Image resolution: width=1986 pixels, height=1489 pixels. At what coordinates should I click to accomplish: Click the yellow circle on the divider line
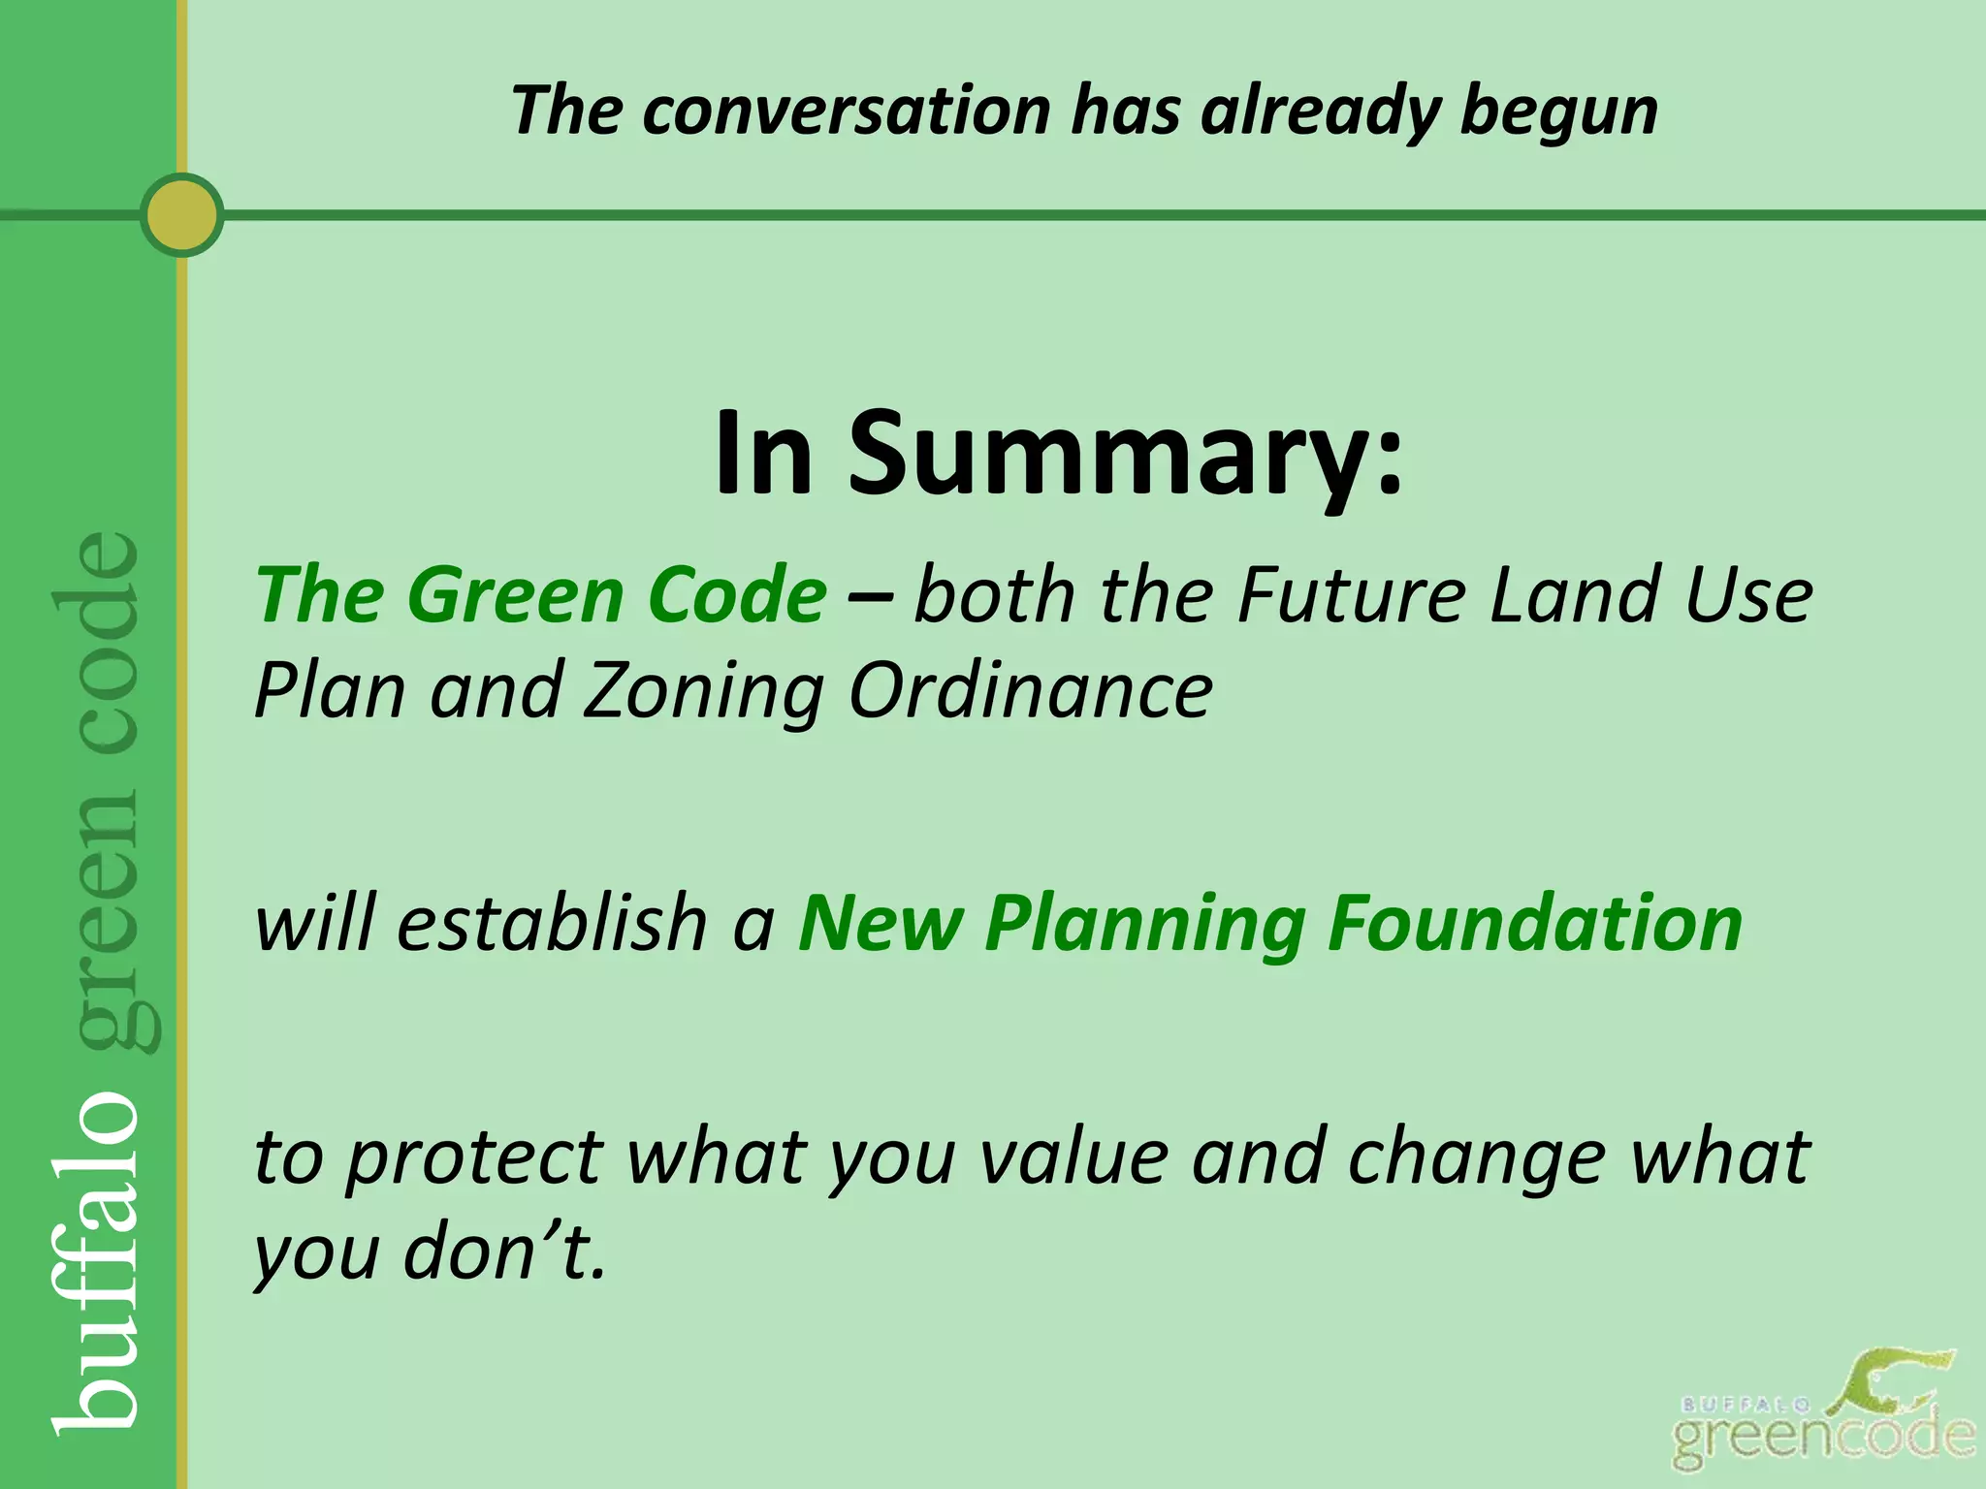(181, 214)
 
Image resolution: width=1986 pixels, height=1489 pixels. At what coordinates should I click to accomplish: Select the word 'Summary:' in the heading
(1125, 454)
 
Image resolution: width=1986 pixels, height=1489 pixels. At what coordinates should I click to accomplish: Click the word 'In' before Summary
(763, 454)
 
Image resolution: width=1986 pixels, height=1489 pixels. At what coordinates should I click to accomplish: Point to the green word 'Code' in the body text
(736, 594)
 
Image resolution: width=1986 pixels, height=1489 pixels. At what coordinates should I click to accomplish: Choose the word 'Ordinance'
(1030, 691)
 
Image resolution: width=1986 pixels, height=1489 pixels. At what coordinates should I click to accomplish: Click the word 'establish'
(552, 922)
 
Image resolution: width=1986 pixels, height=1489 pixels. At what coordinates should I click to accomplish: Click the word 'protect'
(475, 1158)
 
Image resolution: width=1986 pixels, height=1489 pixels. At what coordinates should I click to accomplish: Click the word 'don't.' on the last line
(504, 1253)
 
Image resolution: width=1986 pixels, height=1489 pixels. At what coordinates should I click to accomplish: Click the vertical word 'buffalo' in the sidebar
(97, 1260)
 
